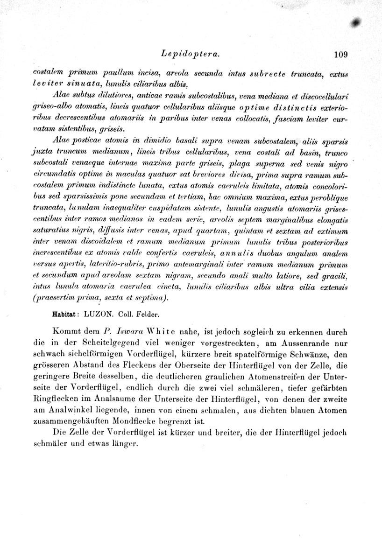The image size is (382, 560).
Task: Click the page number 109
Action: (x=341, y=55)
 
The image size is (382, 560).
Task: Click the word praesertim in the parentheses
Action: (x=53, y=298)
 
